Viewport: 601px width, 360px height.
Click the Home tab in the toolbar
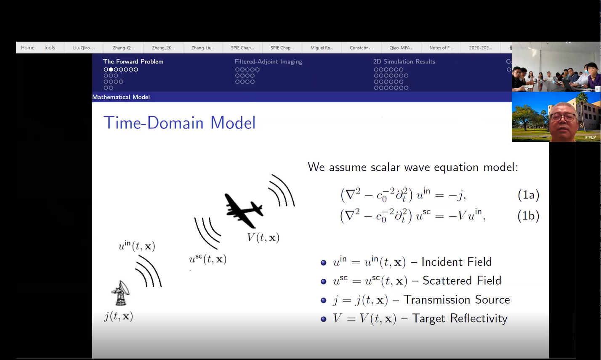28,48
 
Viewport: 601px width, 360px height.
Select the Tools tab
49,48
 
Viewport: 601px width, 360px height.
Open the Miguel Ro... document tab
322,48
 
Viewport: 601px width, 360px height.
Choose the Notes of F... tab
441,48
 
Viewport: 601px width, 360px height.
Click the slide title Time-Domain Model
179,123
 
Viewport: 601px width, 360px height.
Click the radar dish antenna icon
120,293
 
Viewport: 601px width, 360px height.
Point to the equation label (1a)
528,195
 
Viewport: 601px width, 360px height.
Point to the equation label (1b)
528,216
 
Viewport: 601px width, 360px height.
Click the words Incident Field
457,262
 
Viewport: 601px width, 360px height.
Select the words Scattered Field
462,281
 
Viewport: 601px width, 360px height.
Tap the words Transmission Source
457,299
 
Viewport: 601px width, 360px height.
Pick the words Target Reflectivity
460,318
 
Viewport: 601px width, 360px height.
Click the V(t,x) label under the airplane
263,238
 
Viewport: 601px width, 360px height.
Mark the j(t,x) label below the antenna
119,316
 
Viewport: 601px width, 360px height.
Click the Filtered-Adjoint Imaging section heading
269,62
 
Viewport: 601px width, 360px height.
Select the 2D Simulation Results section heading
404,61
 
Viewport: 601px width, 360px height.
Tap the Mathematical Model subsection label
121,97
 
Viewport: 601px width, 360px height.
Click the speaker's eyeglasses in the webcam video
563,117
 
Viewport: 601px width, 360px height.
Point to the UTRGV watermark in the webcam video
590,137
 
